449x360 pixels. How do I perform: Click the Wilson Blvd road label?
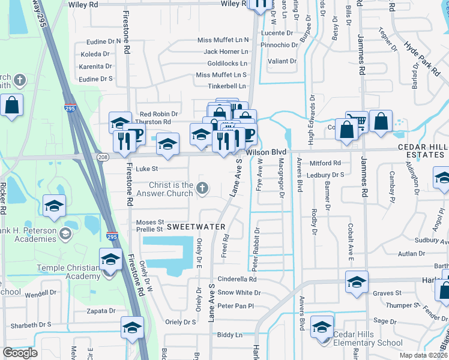coord(269,152)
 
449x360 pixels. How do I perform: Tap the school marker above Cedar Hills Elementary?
coord(322,327)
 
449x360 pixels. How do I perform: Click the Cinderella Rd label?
coord(237,279)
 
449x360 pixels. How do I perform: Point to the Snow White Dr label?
coord(239,293)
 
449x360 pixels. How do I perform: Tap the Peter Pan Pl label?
coord(236,306)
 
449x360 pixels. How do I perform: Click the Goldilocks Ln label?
coord(227,63)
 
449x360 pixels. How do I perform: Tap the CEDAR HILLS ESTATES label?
coord(421,151)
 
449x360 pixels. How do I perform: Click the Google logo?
coord(20,353)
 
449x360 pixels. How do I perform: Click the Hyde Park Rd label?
coord(421,58)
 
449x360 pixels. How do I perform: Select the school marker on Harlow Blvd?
coord(357,282)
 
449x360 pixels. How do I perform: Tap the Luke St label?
coord(146,169)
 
